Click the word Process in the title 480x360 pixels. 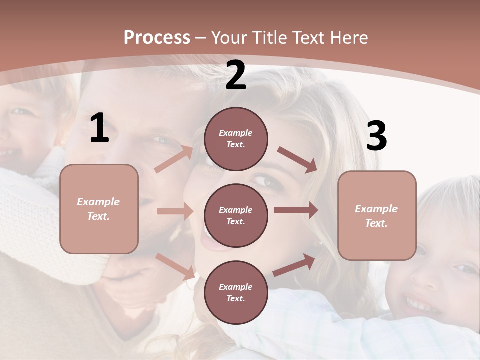coord(157,37)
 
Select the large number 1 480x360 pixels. coord(99,128)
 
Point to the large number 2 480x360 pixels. coord(236,75)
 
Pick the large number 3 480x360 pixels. coord(377,136)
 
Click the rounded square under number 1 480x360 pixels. coord(99,209)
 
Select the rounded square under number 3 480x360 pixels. coord(377,215)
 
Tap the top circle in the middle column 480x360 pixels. coord(236,139)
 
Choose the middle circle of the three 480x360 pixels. coord(236,215)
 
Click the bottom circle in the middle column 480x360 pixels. coord(236,292)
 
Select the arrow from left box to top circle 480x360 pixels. coord(173,159)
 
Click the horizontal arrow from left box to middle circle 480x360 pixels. coord(174,211)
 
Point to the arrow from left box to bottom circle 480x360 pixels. coord(175,266)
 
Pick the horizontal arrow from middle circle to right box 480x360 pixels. coord(296,210)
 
